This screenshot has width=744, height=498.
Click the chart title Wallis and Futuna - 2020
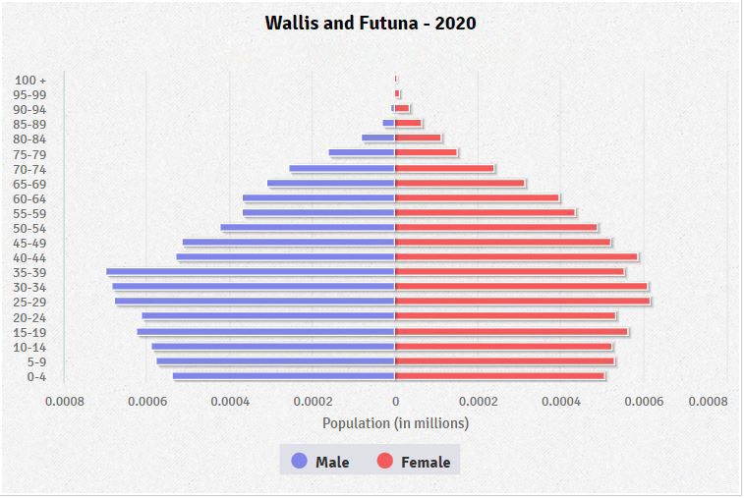pyautogui.click(x=371, y=23)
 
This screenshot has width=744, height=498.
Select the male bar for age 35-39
pyautogui.click(x=251, y=271)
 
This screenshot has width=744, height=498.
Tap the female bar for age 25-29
pyautogui.click(x=522, y=301)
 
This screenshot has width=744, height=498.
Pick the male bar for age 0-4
pyautogui.click(x=283, y=375)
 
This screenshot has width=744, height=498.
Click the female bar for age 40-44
pyautogui.click(x=516, y=256)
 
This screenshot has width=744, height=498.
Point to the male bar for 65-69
pyautogui.click(x=330, y=183)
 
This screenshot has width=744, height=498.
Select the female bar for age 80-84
pyautogui.click(x=418, y=138)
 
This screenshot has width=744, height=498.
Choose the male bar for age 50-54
pyautogui.click(x=308, y=227)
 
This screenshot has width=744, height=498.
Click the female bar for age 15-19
pyautogui.click(x=511, y=331)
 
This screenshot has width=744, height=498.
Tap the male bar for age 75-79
pyautogui.click(x=361, y=152)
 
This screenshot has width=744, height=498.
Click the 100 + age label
pyautogui.click(x=30, y=80)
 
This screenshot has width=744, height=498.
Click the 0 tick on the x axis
pyautogui.click(x=395, y=401)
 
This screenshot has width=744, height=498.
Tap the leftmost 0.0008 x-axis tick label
pyautogui.click(x=65, y=401)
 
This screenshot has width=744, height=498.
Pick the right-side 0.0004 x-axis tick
pyautogui.click(x=561, y=401)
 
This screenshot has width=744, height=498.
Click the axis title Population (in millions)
pyautogui.click(x=395, y=422)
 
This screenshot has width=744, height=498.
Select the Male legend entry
pyautogui.click(x=320, y=462)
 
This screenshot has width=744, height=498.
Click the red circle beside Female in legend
pyautogui.click(x=385, y=462)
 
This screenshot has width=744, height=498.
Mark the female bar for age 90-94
pyautogui.click(x=402, y=108)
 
